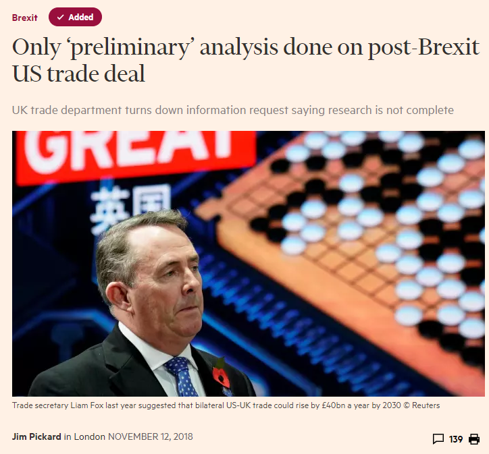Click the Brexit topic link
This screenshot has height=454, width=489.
point(25,18)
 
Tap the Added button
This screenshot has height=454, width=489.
point(75,18)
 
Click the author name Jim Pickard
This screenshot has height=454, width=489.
point(36,436)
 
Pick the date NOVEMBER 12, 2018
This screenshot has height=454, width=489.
point(150,436)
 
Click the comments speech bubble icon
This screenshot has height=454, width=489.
point(438,439)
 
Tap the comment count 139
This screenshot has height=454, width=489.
point(456,439)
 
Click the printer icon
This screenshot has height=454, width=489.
point(474,439)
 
